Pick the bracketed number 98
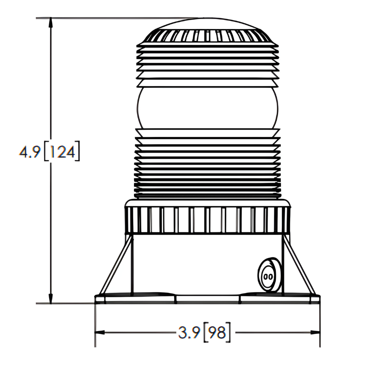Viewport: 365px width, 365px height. [217, 333]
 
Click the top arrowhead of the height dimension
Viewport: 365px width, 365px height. [51, 22]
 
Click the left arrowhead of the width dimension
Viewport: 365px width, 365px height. [99, 332]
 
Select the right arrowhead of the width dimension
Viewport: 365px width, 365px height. [315, 332]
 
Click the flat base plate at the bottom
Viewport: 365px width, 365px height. [207, 299]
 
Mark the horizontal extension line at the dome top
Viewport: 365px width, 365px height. [109, 18]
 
